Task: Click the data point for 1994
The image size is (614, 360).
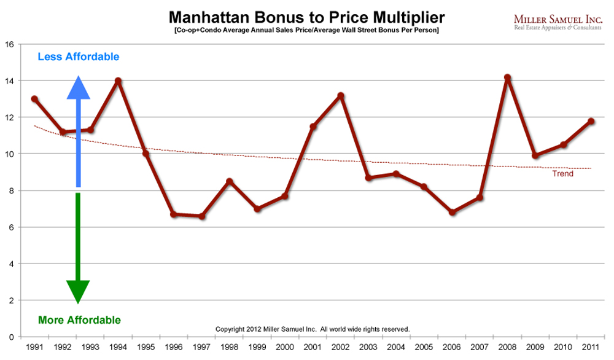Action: [118, 80]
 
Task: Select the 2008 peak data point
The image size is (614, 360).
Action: [507, 78]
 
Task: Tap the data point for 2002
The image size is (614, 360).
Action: [341, 96]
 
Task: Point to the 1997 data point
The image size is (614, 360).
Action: [201, 216]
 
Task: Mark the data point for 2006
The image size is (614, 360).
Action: [452, 213]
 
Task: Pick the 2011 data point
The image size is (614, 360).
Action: [591, 122]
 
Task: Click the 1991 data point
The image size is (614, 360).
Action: [34, 99]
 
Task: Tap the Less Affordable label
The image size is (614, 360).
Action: [79, 57]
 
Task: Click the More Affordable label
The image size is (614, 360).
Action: [79, 319]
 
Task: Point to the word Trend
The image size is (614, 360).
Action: [563, 174]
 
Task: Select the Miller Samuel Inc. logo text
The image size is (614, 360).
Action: [556, 19]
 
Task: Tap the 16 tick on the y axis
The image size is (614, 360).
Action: [9, 44]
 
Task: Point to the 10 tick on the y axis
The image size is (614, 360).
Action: [9, 154]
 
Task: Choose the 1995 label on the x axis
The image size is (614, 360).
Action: [146, 347]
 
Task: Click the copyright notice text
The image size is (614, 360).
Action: [312, 329]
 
